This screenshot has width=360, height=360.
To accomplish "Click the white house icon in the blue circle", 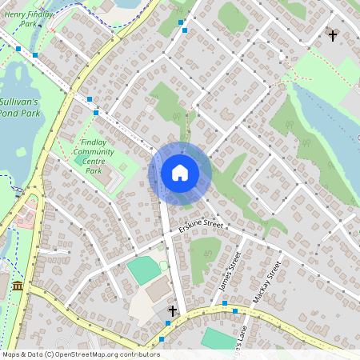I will pyautogui.click(x=180, y=173).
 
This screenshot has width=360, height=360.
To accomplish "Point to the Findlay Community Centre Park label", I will pyautogui.click(x=94, y=156).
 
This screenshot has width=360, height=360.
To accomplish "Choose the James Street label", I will pyautogui.click(x=230, y=272).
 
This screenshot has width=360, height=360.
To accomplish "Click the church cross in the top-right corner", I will pyautogui.click(x=333, y=35).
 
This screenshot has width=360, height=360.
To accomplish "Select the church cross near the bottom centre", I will pyautogui.click(x=172, y=310).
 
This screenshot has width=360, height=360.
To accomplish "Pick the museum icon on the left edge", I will pyautogui.click(x=17, y=286).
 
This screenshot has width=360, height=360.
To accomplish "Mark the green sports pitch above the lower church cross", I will pyautogui.click(x=144, y=270).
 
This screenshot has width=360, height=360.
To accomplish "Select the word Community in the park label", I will pyautogui.click(x=94, y=151).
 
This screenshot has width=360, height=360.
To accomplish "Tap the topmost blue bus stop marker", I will pyautogui.click(x=182, y=22).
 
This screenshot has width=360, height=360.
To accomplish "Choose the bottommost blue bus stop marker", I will pyautogui.click(x=162, y=340).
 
